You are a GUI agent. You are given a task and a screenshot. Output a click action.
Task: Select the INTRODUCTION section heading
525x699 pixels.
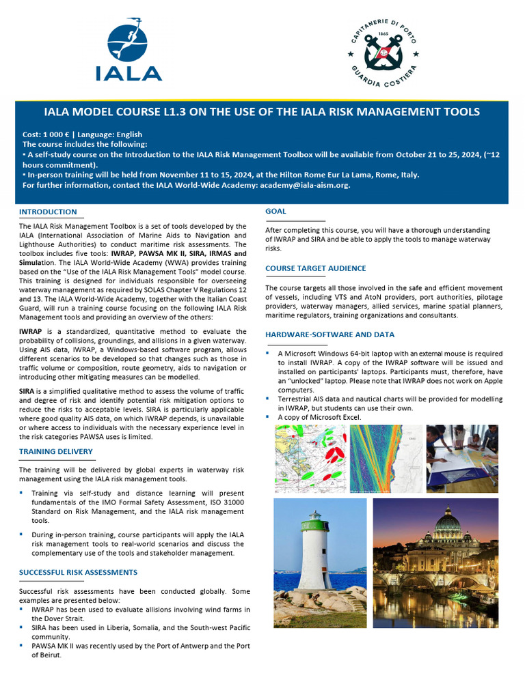click(x=48, y=212)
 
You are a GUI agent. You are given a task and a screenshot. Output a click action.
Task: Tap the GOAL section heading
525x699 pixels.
click(x=275, y=211)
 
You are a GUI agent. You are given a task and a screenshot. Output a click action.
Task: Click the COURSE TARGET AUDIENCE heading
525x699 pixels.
click(x=316, y=268)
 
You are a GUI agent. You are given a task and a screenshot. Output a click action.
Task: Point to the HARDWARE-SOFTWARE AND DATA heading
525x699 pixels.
click(x=329, y=334)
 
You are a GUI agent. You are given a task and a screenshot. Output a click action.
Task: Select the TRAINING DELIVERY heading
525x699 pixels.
click(x=55, y=451)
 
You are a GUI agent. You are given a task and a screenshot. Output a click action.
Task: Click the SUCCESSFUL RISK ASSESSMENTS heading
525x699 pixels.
click(x=78, y=572)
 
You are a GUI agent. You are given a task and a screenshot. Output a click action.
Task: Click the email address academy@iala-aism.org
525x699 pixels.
click(x=308, y=185)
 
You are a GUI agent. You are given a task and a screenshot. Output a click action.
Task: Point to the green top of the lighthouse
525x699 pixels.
click(x=314, y=522)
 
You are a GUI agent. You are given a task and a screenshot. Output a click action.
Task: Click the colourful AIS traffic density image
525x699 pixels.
click(x=385, y=458)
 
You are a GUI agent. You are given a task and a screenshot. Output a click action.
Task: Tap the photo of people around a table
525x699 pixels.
click(x=462, y=458)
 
